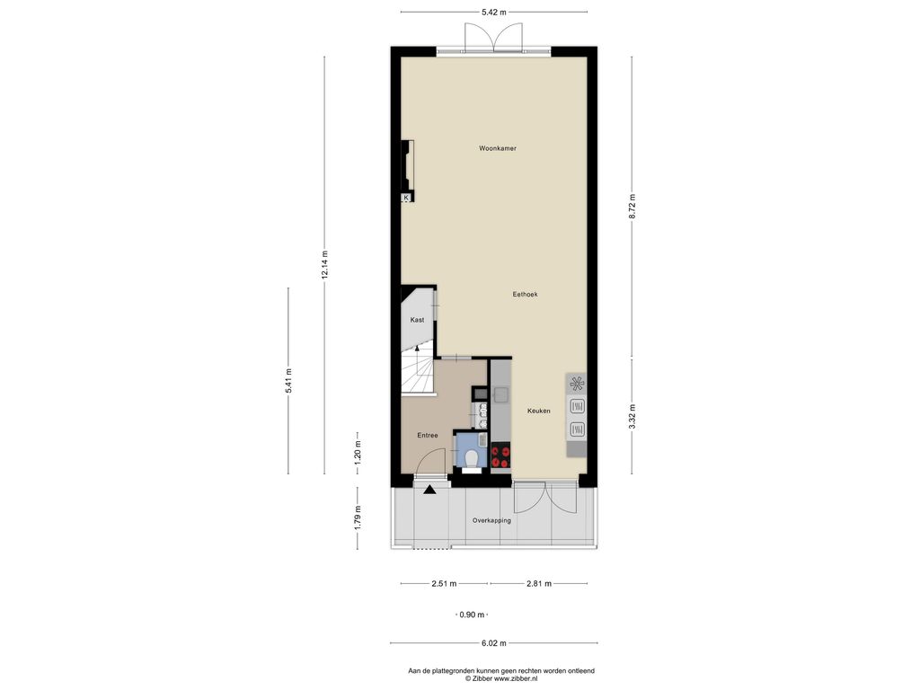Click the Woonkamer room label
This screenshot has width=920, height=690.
pyautogui.click(x=498, y=148)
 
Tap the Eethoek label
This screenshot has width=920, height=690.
pyautogui.click(x=525, y=295)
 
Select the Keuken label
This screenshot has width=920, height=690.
pyautogui.click(x=539, y=411)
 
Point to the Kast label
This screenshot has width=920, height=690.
pyautogui.click(x=417, y=320)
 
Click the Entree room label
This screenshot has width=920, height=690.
pyautogui.click(x=427, y=436)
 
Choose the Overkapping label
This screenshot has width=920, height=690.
pyautogui.click(x=491, y=520)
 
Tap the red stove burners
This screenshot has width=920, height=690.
pyautogui.click(x=500, y=456)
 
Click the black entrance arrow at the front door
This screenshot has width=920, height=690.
pyautogui.click(x=429, y=490)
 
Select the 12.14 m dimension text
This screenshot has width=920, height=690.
pyautogui.click(x=324, y=265)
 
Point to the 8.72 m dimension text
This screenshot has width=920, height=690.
pyautogui.click(x=632, y=207)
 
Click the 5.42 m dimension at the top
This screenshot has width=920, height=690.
pyautogui.click(x=493, y=12)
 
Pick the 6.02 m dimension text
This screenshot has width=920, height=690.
pyautogui.click(x=493, y=643)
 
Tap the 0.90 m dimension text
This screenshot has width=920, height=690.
pyautogui.click(x=472, y=615)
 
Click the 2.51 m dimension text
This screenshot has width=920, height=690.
pyautogui.click(x=444, y=584)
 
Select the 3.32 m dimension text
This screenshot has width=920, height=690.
pyautogui.click(x=632, y=417)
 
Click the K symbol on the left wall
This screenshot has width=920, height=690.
pyautogui.click(x=405, y=198)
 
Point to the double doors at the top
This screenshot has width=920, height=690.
pyautogui.click(x=493, y=38)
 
